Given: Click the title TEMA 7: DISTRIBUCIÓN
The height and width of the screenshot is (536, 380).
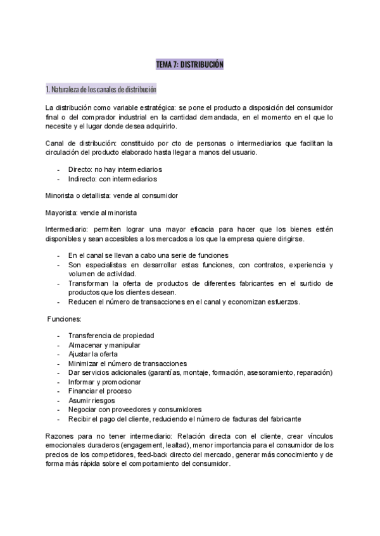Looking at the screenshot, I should (189, 64).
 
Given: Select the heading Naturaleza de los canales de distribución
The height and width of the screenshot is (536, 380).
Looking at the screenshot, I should (101, 88).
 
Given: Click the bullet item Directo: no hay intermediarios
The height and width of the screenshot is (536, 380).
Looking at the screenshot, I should (115, 169).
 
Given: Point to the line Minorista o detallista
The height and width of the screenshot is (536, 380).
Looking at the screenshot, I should (111, 195).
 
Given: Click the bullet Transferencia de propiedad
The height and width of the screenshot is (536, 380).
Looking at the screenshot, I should (111, 336).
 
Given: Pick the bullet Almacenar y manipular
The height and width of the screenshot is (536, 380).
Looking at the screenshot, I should (104, 345).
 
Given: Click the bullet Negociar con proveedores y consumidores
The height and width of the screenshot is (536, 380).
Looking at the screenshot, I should (134, 409).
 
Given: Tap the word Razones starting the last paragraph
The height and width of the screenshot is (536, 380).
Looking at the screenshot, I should (62, 436).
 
